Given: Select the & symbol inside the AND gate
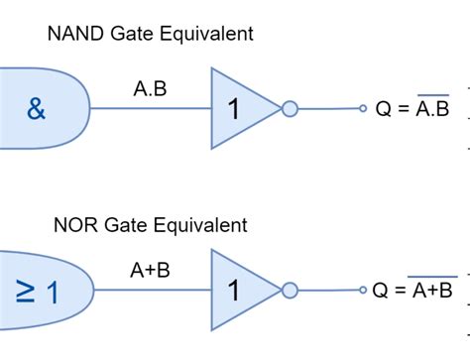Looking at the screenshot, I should [36, 109].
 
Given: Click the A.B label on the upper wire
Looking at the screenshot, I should [150, 88].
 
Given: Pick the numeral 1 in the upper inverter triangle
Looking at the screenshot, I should [233, 109].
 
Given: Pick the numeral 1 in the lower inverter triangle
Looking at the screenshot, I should [233, 292].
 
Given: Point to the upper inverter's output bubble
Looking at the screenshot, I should [290, 109].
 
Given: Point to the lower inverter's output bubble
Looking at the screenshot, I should [290, 291].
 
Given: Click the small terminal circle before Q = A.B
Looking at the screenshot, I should [362, 109].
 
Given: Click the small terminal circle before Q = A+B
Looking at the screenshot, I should [362, 291].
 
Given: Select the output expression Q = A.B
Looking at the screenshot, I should [411, 109].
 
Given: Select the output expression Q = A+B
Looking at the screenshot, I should [412, 291].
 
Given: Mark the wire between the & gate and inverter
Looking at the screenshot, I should [149, 109].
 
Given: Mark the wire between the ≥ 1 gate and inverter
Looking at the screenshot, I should [149, 291].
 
